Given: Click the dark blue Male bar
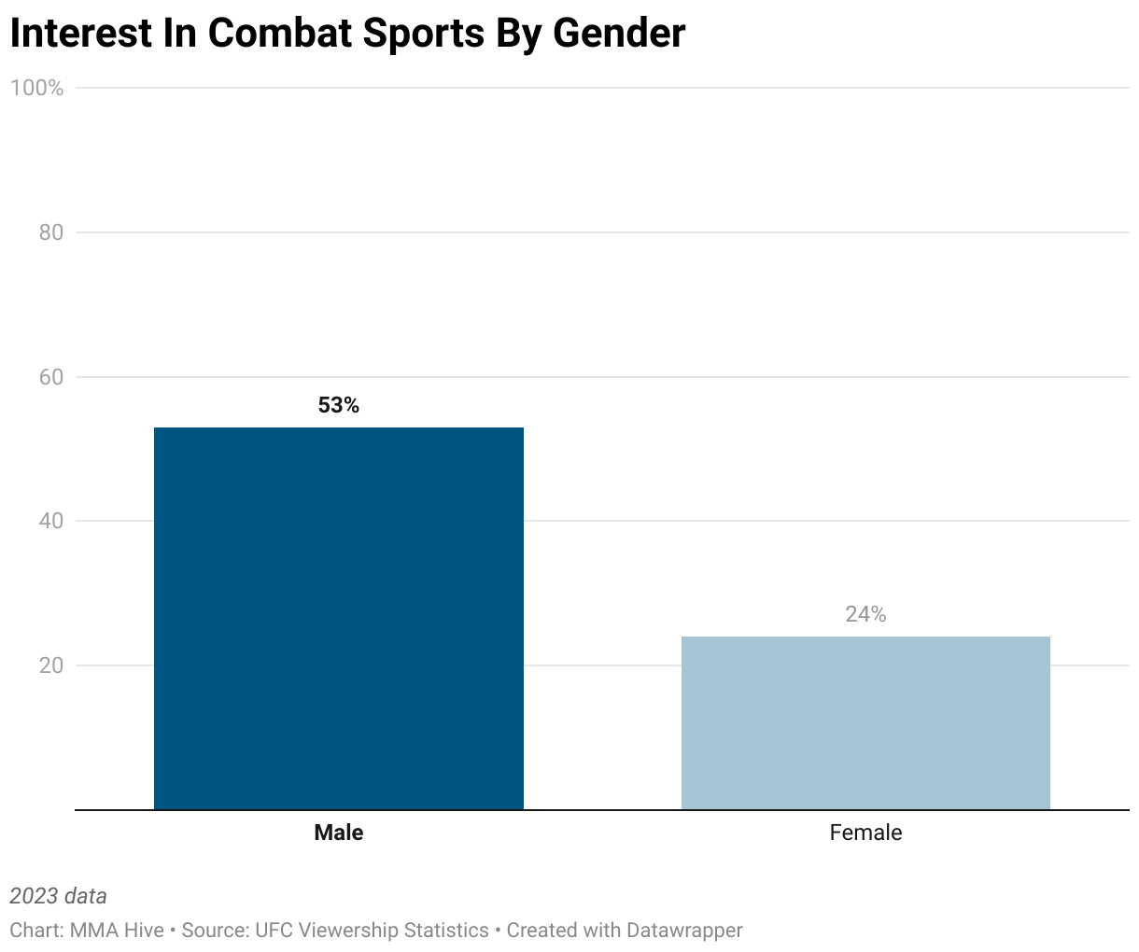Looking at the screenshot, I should [x=338, y=618].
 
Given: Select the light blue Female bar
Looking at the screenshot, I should [x=865, y=722].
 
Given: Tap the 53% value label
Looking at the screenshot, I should [x=338, y=405].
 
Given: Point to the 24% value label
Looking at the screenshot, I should [x=865, y=614].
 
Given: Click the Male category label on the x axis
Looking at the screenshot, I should [x=338, y=833].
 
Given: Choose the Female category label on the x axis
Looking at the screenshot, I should [x=865, y=833].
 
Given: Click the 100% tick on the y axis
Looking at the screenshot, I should [x=37, y=88].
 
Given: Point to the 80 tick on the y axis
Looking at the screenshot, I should [x=51, y=232].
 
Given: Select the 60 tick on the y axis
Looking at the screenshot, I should [x=51, y=377].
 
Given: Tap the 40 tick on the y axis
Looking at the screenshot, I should [x=51, y=521].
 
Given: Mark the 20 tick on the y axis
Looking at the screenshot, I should [x=51, y=665].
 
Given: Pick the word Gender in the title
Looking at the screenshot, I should [x=619, y=34].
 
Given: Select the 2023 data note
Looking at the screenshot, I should [x=58, y=896].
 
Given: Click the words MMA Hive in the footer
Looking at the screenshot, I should [x=117, y=931].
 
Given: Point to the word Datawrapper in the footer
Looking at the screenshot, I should [x=684, y=931].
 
